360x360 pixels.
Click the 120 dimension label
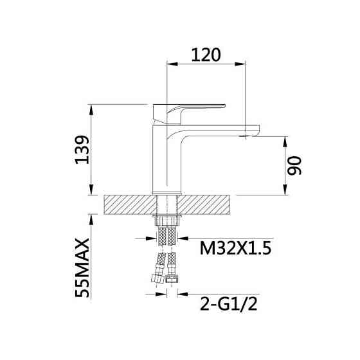[206, 55]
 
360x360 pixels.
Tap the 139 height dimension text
[82, 150]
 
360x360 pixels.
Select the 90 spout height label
[294, 166]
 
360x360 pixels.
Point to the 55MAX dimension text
[82, 268]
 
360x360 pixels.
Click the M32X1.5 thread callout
[235, 248]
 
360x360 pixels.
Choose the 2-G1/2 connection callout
[229, 304]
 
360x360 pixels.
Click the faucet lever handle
[189, 114]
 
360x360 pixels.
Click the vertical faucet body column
[167, 159]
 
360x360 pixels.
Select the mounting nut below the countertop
[167, 220]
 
